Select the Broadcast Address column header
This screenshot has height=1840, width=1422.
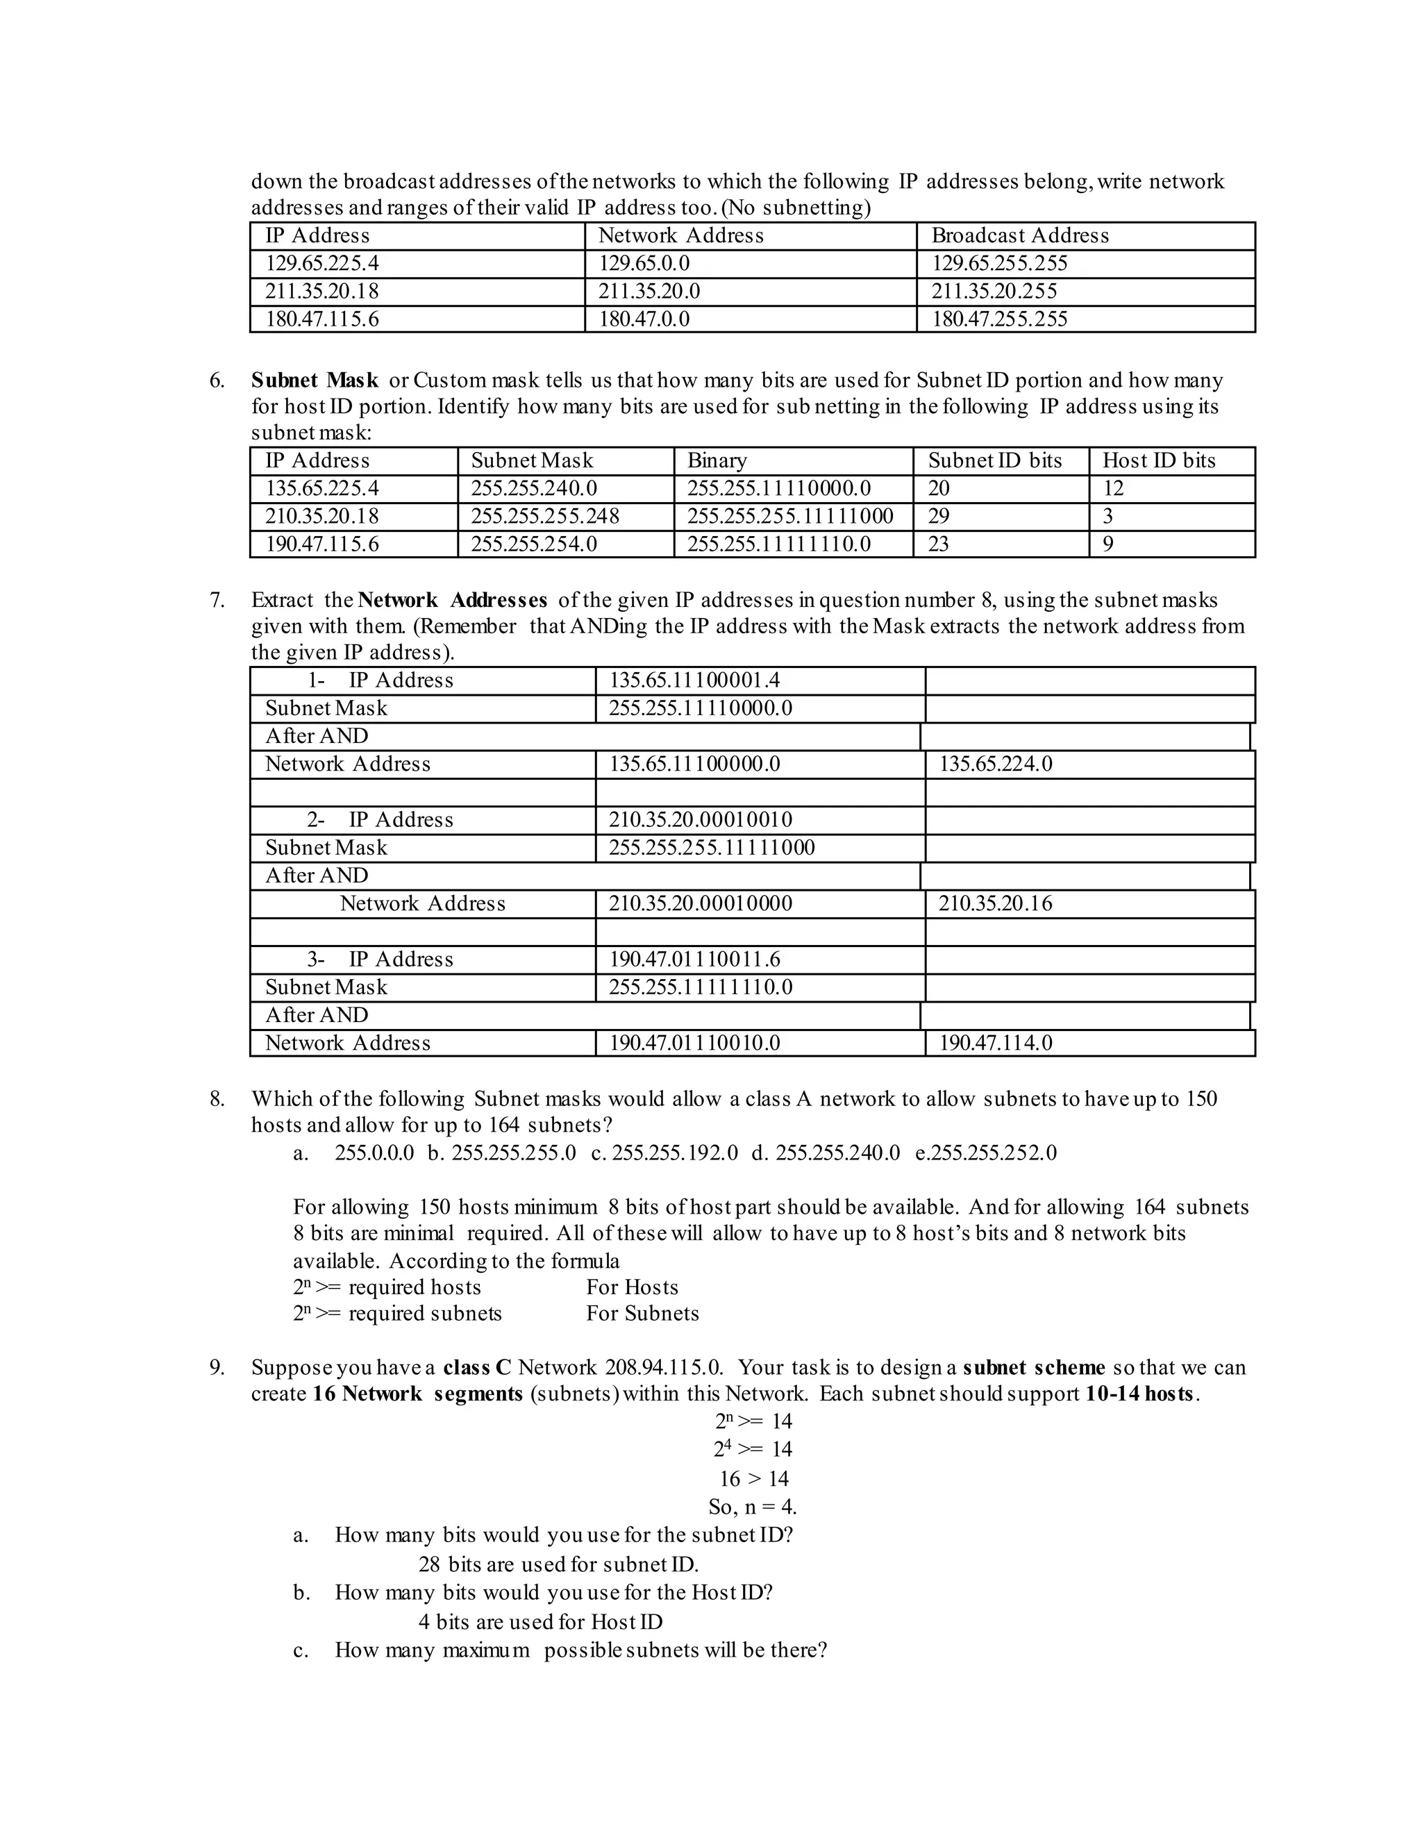(1019, 236)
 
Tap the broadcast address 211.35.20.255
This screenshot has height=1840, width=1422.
(994, 292)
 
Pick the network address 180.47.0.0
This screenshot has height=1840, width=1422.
(644, 319)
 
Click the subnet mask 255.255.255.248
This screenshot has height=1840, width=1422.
(544, 517)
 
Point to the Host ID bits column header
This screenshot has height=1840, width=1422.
(1158, 461)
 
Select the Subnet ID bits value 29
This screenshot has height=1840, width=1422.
(939, 517)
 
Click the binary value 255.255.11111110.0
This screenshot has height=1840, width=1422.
(778, 544)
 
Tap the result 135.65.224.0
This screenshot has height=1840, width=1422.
(995, 764)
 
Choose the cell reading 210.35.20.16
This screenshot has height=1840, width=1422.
(995, 904)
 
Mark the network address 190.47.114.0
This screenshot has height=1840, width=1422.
(995, 1043)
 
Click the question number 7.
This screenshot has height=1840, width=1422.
(217, 601)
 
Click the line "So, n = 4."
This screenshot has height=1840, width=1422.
(752, 1507)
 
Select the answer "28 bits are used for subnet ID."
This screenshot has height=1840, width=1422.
(558, 1564)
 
